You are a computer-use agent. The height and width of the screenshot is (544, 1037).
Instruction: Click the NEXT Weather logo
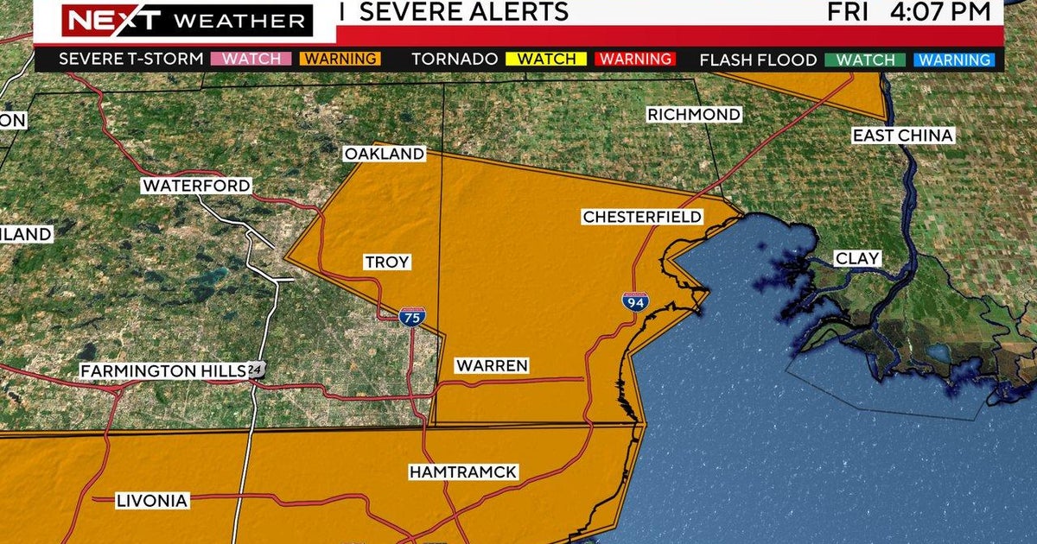click(x=185, y=20)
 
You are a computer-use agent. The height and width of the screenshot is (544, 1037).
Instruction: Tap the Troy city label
click(x=386, y=263)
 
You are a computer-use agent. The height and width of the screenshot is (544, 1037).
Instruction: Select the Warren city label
click(x=492, y=366)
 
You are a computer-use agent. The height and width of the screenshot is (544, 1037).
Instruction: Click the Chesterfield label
click(x=642, y=217)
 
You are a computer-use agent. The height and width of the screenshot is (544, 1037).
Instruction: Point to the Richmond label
click(x=694, y=115)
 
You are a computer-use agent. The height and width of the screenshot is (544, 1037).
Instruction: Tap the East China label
click(x=902, y=136)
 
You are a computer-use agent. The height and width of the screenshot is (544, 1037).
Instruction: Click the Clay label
click(x=857, y=258)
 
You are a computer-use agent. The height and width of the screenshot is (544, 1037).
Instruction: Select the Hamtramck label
click(x=463, y=472)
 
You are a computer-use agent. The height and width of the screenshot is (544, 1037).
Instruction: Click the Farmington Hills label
click(x=163, y=370)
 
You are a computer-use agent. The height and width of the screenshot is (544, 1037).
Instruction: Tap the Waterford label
click(x=196, y=186)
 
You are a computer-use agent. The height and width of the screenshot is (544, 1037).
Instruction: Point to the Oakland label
click(x=385, y=154)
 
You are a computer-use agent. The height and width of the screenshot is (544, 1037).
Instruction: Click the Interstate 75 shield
click(x=411, y=317)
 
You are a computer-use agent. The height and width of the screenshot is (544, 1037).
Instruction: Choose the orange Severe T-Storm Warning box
click(x=339, y=60)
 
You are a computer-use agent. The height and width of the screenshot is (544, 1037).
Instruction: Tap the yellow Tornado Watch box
click(x=547, y=60)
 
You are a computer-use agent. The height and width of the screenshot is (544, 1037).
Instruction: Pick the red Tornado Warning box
click(x=635, y=60)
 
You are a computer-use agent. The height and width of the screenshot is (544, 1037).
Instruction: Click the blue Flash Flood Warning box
click(x=955, y=60)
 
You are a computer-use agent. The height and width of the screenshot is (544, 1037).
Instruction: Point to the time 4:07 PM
click(x=946, y=11)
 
